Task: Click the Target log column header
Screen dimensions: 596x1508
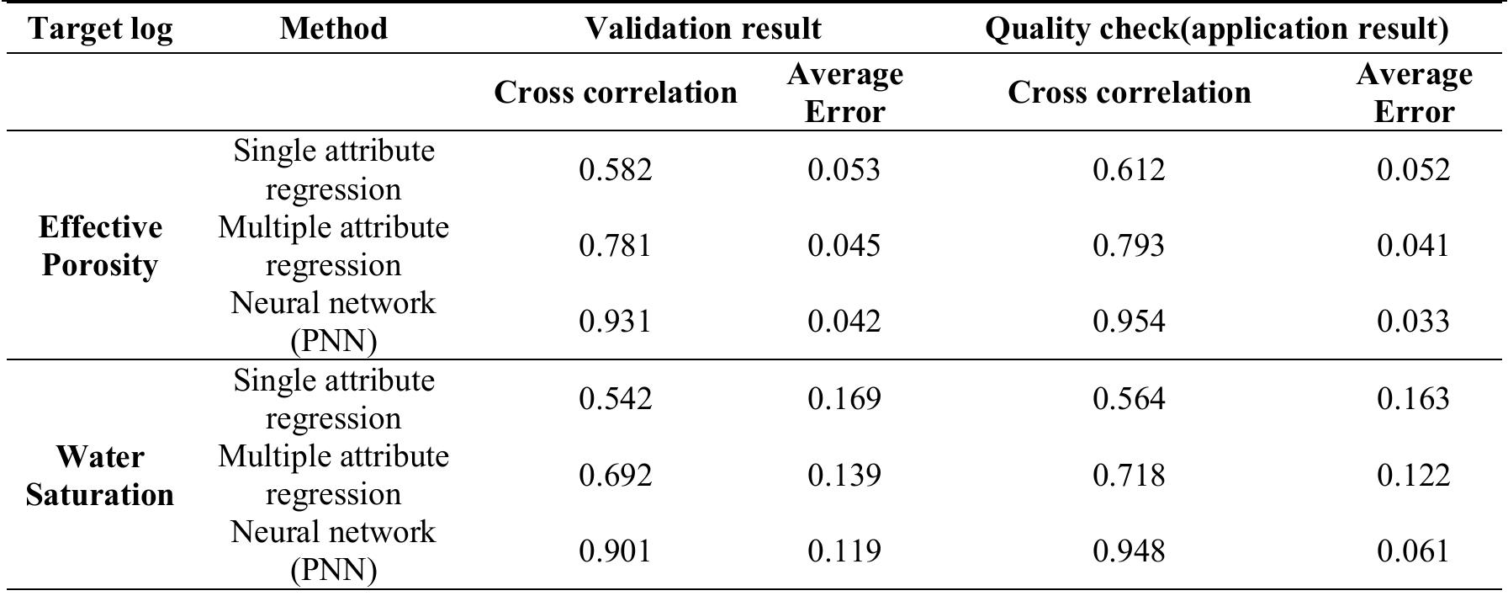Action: [100, 29]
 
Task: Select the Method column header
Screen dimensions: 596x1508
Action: [333, 29]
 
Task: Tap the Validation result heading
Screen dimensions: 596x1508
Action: [702, 29]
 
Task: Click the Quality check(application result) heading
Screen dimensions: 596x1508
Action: [1216, 29]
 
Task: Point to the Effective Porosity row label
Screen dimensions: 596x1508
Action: [100, 246]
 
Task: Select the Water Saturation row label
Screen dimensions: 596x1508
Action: [100, 476]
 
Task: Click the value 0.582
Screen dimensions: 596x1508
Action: [615, 170]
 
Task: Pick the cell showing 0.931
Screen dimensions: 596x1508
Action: [615, 322]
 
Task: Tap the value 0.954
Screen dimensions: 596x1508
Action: [1129, 322]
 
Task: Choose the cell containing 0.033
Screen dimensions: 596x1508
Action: [1413, 322]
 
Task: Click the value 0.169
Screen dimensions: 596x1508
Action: [844, 398]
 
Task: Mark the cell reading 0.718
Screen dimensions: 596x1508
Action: [1129, 476]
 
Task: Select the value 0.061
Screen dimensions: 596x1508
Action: [1413, 551]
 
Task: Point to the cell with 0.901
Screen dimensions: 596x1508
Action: [615, 551]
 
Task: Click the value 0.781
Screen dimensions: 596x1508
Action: [615, 246]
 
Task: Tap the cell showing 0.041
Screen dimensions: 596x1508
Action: [1413, 246]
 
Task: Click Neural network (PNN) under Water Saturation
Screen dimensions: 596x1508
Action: [333, 551]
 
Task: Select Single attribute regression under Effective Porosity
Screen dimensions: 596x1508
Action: [333, 170]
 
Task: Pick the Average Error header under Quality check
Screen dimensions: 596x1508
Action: [1413, 93]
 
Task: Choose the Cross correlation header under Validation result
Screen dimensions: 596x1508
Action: [615, 93]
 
